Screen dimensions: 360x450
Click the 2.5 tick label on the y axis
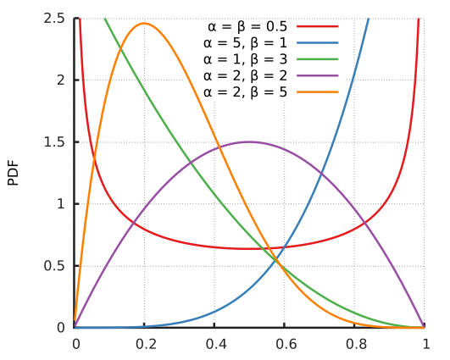tap(55, 18)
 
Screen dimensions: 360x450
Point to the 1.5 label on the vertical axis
tap(55, 141)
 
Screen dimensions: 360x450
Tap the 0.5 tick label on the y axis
tap(55, 265)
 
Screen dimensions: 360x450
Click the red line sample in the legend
tap(318, 26)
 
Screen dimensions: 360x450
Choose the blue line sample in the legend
tap(318, 42)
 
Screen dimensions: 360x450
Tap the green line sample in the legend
tap(318, 59)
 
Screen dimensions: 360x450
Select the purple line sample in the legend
tap(318, 75)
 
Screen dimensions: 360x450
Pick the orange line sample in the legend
tap(318, 91)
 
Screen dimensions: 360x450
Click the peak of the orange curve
tap(145, 23)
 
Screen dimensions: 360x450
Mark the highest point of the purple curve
tap(250, 141)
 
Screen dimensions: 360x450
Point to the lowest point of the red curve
tap(250, 248)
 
